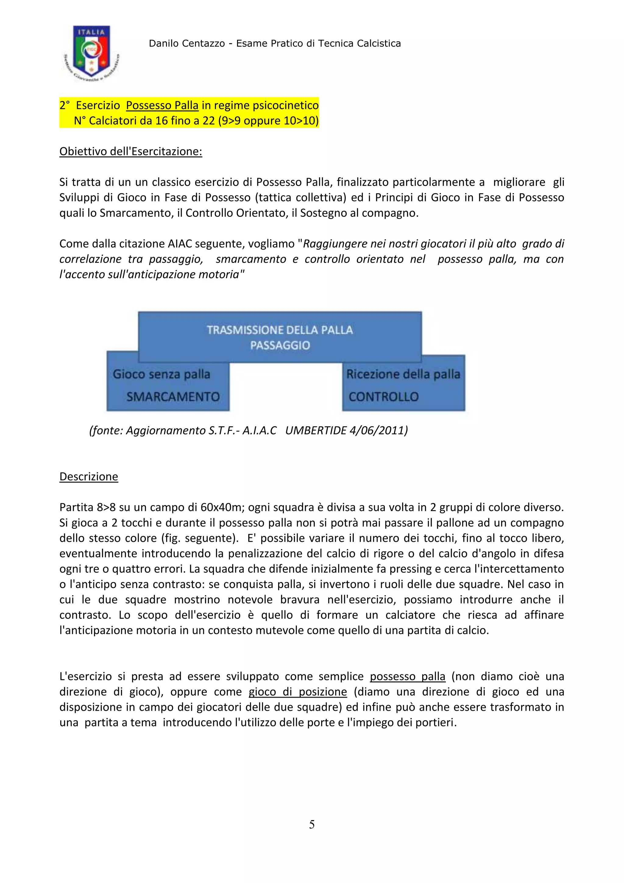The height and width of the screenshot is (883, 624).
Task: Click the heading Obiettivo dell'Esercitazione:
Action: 131,151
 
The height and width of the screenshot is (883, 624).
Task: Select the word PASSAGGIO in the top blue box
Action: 280,345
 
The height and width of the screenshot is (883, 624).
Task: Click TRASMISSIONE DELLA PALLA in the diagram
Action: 280,330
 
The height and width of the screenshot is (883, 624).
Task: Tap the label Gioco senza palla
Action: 161,374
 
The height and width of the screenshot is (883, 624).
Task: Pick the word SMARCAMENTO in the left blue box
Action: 173,396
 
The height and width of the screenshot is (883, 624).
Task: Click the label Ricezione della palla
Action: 403,374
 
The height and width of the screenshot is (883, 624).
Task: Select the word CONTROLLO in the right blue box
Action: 384,396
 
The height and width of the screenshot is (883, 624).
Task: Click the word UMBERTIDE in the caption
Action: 315,430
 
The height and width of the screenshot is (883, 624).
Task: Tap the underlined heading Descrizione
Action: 89,477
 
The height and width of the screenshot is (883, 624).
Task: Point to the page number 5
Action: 312,824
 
